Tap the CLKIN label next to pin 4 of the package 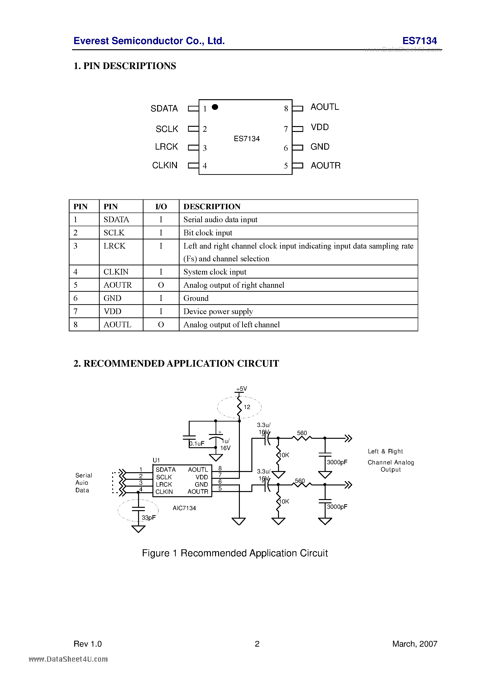pyautogui.click(x=165, y=165)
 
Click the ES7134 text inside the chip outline pyautogui.click(x=247, y=139)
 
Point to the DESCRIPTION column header pyautogui.click(x=212, y=206)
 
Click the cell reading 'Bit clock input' pyautogui.click(x=208, y=233)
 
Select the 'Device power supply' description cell pyautogui.click(x=218, y=312)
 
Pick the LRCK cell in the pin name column pyautogui.click(x=114, y=246)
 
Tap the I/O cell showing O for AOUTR pyautogui.click(x=161, y=285)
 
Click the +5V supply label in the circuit pyautogui.click(x=241, y=389)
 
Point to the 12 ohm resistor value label pyautogui.click(x=247, y=407)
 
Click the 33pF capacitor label pyautogui.click(x=148, y=518)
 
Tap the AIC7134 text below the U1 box pyautogui.click(x=184, y=508)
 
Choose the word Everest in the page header pyautogui.click(x=91, y=41)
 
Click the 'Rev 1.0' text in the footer pyautogui.click(x=88, y=644)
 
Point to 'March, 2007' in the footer pyautogui.click(x=415, y=644)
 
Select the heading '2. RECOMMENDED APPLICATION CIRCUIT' pyautogui.click(x=176, y=363)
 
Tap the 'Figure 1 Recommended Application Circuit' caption pyautogui.click(x=235, y=553)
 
